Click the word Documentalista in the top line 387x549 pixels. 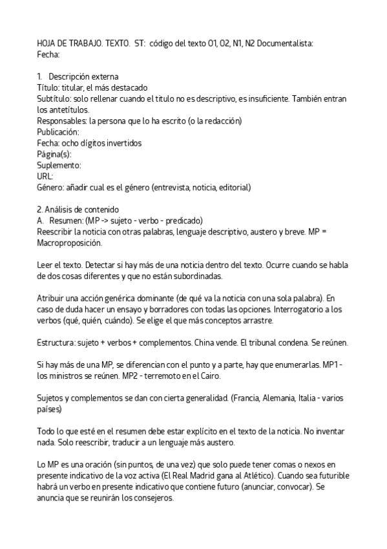point(289,43)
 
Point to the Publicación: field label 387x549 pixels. point(59,131)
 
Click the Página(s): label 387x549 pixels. point(54,153)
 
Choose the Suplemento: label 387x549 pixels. point(59,164)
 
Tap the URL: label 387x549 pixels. point(45,175)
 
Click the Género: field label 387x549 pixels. point(51,187)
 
